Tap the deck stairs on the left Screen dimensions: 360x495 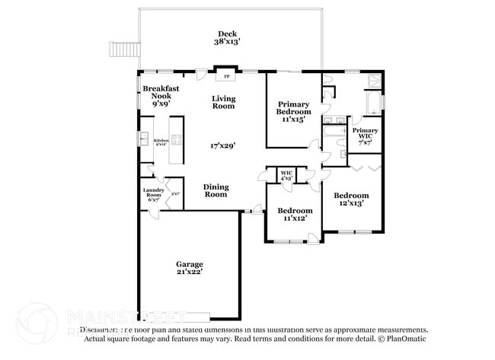[x=123, y=49]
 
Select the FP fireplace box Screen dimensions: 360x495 [x=226, y=75]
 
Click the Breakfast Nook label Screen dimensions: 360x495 [x=161, y=97]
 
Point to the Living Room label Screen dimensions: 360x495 [x=223, y=102]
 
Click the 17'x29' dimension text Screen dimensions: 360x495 [x=223, y=145]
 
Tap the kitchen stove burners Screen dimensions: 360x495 [x=176, y=139]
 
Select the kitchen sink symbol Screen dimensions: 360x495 [x=142, y=139]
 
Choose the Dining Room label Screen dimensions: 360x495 [x=216, y=190]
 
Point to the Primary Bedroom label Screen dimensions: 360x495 [x=293, y=111]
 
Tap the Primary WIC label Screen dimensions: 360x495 [x=364, y=135]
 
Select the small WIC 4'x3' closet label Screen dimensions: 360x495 [x=287, y=175]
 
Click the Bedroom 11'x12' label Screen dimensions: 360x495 [x=294, y=214]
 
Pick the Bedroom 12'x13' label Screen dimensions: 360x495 [x=351, y=199]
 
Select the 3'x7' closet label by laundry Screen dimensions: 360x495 [x=175, y=193]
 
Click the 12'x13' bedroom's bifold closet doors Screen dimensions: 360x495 [x=364, y=162]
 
